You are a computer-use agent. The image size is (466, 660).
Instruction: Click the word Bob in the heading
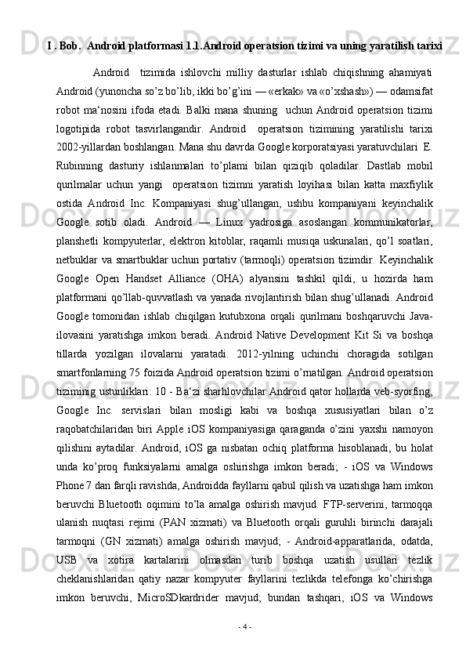tap(67, 45)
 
